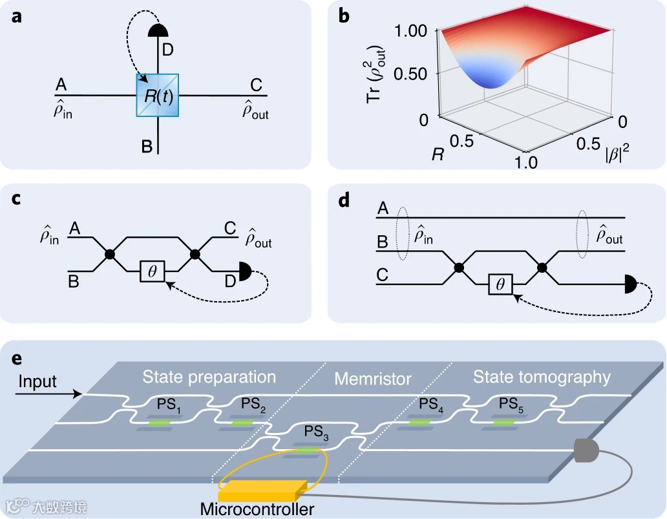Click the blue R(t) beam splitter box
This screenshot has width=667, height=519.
158,95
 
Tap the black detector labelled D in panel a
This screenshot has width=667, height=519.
158,30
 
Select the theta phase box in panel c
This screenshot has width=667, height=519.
153,271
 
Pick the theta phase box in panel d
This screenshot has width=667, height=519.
500,284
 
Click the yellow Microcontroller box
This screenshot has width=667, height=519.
262,491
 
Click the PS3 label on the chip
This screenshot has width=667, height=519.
316,432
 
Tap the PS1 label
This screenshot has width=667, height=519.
169,404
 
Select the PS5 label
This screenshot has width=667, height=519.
511,404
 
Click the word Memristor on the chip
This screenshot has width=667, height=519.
373,379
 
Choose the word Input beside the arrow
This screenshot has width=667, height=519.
37,381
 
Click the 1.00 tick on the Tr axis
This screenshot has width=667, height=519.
410,30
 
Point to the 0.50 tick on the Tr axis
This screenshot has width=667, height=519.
410,74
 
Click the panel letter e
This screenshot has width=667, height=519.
17,359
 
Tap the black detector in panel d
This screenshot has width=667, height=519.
630,284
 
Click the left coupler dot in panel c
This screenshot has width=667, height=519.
110,255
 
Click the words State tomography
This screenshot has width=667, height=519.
542,377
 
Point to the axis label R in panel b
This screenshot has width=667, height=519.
438,154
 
